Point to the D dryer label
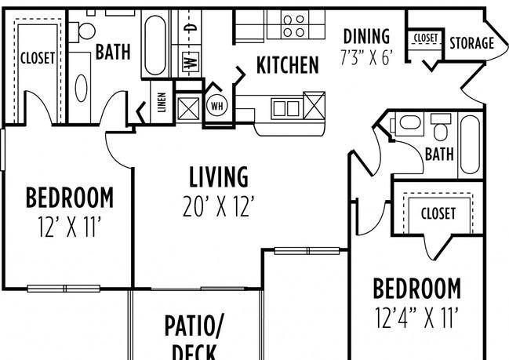point(189,27)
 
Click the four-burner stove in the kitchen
point(294,25)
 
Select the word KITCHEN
point(288,65)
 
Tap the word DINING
point(365,36)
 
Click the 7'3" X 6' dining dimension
point(365,56)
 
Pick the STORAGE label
point(471,43)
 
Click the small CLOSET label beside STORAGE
point(425,38)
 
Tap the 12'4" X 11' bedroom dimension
point(416,318)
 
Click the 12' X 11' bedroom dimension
point(70,227)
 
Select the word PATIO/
point(194,324)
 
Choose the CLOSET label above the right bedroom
point(438,213)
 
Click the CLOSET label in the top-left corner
point(37,57)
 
